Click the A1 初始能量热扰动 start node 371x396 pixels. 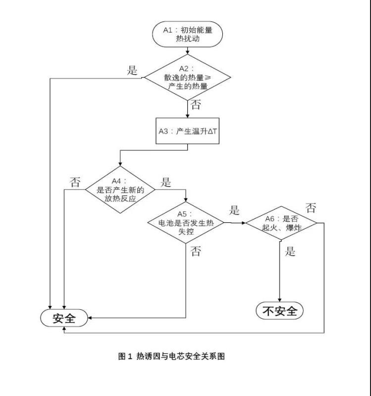(x=187, y=34)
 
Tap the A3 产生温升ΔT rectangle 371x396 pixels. (x=187, y=131)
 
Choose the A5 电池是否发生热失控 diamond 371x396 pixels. (x=185, y=223)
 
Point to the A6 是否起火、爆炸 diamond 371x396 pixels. (x=281, y=223)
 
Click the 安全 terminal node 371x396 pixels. (x=64, y=318)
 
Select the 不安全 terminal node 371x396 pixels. (x=280, y=311)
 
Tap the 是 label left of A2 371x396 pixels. (x=132, y=70)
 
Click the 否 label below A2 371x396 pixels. (x=196, y=104)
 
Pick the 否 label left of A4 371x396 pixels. (x=75, y=182)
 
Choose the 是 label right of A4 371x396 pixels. (x=165, y=182)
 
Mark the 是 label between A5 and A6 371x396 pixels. (x=234, y=210)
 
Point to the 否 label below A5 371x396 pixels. (x=196, y=251)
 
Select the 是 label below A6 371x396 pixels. (x=290, y=251)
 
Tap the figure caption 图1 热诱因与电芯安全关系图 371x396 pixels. (x=171, y=356)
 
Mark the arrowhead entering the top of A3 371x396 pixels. (x=187, y=116)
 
